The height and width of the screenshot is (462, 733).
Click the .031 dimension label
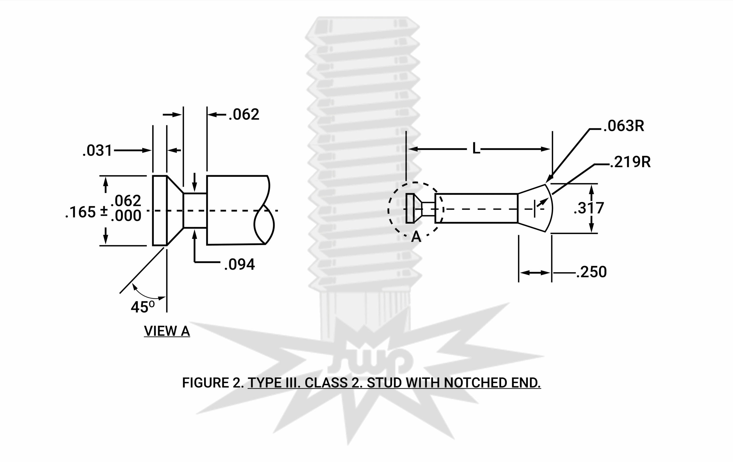(x=97, y=151)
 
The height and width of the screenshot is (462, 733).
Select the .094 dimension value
(x=239, y=264)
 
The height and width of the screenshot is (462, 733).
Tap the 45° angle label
(x=143, y=307)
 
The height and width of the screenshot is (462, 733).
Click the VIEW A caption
(x=167, y=331)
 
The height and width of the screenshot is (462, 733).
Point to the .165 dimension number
(x=81, y=212)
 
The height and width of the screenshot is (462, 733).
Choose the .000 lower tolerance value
(x=126, y=216)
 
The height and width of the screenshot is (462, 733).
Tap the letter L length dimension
(x=476, y=149)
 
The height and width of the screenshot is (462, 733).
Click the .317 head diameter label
(x=589, y=208)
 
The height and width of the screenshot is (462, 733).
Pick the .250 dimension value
(x=591, y=272)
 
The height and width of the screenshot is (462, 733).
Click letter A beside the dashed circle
(x=416, y=237)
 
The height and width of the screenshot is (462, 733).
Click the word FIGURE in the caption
(x=205, y=383)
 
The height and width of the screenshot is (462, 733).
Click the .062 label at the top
(x=244, y=115)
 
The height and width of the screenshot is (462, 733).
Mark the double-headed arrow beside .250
(x=535, y=273)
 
